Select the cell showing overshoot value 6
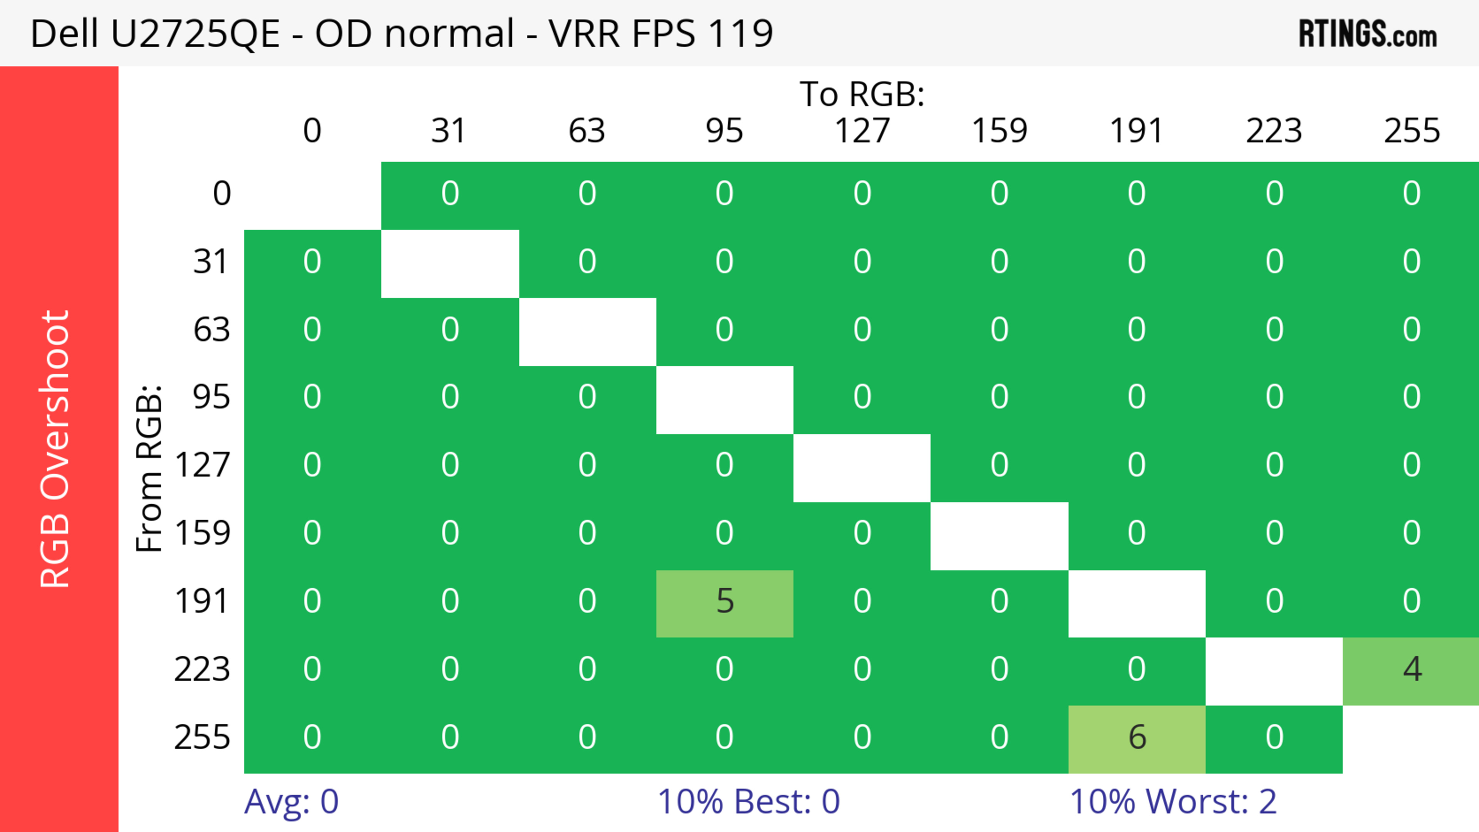(1137, 738)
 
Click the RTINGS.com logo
(1368, 34)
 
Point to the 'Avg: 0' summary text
(291, 802)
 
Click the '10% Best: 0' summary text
(748, 802)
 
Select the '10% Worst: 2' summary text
(1173, 802)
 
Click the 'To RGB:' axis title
(862, 94)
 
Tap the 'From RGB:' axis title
(149, 468)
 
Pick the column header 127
(862, 131)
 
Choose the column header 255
(1412, 131)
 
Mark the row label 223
(202, 670)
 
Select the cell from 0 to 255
(1411, 194)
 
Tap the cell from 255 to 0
(312, 738)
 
